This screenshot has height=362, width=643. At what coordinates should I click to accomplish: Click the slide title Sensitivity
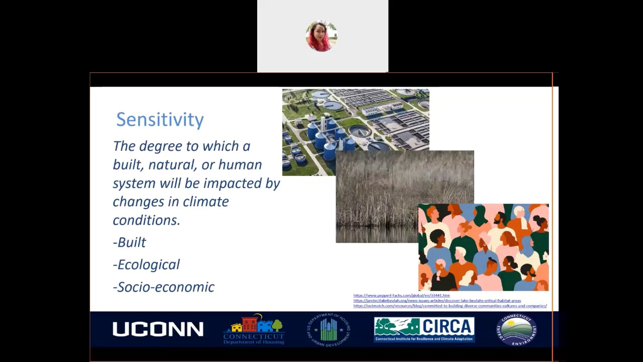pos(160,120)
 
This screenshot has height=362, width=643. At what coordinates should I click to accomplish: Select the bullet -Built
pos(130,242)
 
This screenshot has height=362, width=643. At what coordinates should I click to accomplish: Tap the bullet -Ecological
pos(146,264)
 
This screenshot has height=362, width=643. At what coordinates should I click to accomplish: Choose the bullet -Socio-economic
pos(164,287)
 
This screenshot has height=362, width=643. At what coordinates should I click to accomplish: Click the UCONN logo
pos(158,329)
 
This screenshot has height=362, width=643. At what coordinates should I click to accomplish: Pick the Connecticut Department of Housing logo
pos(254,329)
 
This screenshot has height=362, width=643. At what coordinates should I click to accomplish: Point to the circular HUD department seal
pos(329,330)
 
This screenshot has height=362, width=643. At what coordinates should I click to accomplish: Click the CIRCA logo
pos(424,329)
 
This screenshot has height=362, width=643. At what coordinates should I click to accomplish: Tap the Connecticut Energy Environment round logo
pos(516,330)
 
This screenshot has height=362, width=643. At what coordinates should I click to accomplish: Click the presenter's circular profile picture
pos(321,36)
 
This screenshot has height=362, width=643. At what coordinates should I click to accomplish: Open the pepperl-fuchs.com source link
pos(401,296)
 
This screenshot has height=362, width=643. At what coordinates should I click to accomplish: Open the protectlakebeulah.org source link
pos(437,301)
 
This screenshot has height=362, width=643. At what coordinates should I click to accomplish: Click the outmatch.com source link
pos(450,306)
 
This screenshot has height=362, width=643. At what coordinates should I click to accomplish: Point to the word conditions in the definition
pos(146,220)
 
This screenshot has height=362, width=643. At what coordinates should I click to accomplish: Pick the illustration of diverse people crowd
pos(483,247)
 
